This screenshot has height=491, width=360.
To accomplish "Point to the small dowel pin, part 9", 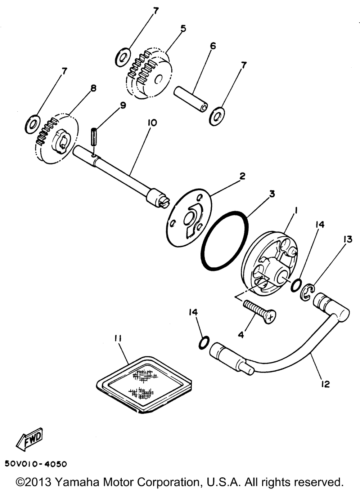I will pos(94,137).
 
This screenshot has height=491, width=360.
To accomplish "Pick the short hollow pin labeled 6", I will pos(191,97).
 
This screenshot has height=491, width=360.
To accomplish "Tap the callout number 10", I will pos(152,123).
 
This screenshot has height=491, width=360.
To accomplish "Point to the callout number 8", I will pos(93,88).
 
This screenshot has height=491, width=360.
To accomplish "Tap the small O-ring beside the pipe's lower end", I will pos(203,343).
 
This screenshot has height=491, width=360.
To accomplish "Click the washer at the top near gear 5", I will pos(123,57).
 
